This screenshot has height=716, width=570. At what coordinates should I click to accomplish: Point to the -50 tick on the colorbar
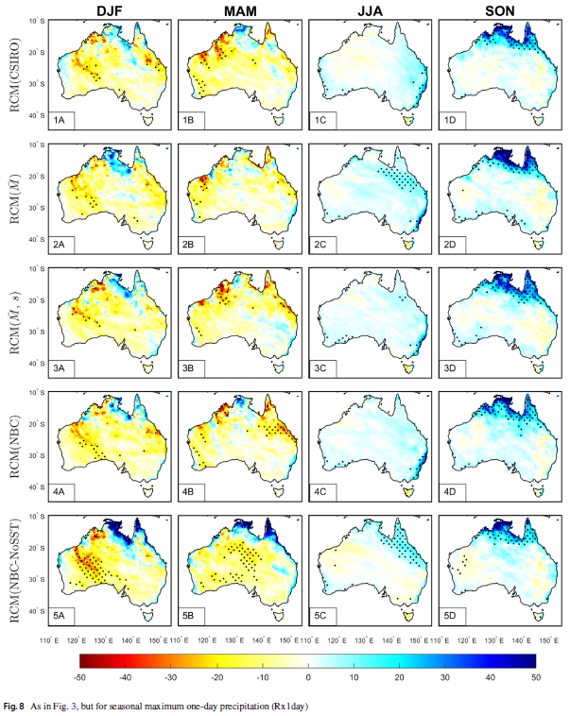point(80,677)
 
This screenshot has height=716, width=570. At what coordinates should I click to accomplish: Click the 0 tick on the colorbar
point(308,677)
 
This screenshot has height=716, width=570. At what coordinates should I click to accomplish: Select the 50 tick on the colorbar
point(535,677)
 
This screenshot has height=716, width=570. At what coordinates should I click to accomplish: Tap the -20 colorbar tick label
point(216,677)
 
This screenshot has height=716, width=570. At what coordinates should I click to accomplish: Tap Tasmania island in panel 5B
point(280,617)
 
